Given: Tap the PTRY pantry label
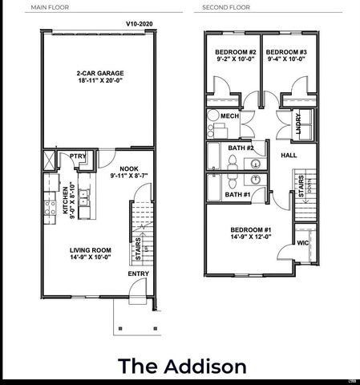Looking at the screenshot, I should coord(78,156).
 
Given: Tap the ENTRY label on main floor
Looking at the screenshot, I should coord(138,274).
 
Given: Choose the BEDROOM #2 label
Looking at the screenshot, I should coord(234,53).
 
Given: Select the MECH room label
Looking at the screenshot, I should coord(229,116).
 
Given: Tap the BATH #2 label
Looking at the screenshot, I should coord(239,148).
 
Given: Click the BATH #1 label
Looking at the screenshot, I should coord(237,194).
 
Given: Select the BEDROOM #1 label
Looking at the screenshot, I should coord(249,231).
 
